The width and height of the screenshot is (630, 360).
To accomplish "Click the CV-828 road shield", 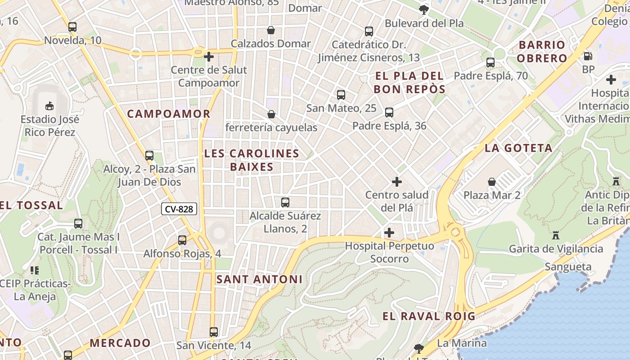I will pyautogui.click(x=179, y=209).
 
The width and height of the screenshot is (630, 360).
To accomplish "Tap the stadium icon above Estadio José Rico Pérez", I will pyautogui.click(x=49, y=106).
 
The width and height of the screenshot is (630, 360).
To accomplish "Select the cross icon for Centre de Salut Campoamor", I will pyautogui.click(x=208, y=57).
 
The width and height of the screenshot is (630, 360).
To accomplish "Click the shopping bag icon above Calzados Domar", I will pyautogui.click(x=271, y=30).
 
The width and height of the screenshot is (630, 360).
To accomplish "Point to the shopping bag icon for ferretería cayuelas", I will pyautogui.click(x=271, y=114).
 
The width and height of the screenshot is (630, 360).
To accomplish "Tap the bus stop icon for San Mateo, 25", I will pyautogui.click(x=341, y=95).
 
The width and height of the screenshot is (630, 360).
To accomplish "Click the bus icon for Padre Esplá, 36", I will pyautogui.click(x=389, y=112).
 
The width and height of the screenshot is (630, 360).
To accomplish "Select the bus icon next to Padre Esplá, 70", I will pyautogui.click(x=490, y=63).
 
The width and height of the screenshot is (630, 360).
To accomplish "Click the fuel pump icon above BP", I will pyautogui.click(x=588, y=56).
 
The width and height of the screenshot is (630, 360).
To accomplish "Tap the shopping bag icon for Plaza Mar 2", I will pyautogui.click(x=492, y=182).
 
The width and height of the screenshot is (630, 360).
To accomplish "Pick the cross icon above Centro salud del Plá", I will pyautogui.click(x=396, y=182).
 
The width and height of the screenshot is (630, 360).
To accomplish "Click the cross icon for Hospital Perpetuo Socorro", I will pyautogui.click(x=389, y=233).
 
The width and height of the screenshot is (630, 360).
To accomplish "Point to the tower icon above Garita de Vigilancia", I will pyautogui.click(x=556, y=235).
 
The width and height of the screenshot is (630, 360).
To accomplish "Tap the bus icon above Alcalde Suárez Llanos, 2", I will pyautogui.click(x=285, y=202).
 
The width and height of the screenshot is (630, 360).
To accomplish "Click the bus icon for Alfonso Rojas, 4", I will pyautogui.click(x=182, y=240).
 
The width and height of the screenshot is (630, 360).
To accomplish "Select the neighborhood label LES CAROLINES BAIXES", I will pyautogui.click(x=252, y=160).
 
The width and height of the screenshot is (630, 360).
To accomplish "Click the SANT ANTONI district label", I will pyautogui.click(x=260, y=279).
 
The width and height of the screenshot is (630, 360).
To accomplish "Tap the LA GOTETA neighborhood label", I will pyautogui.click(x=518, y=148).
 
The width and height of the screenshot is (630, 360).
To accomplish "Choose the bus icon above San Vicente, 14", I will pyautogui.click(x=214, y=332).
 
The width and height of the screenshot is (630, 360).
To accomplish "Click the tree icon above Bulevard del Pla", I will pyautogui.click(x=423, y=9).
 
